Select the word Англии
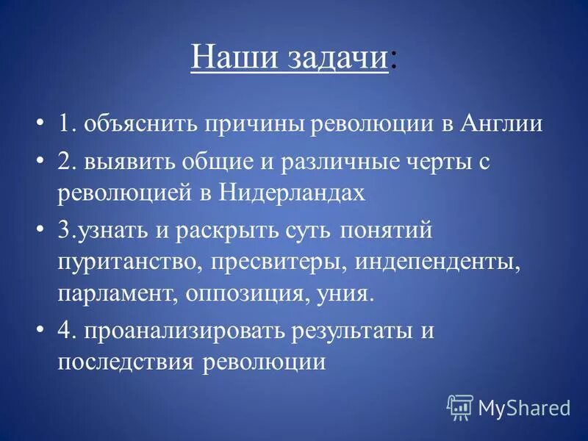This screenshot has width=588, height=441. pyautogui.click(x=501, y=123)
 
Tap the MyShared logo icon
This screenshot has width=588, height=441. pyautogui.click(x=460, y=406)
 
